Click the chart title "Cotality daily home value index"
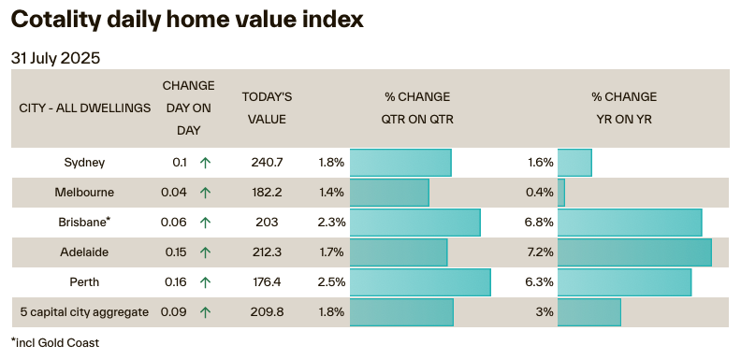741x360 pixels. coord(187,20)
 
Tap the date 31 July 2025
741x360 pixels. coord(56,58)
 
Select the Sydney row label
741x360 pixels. coord(84,163)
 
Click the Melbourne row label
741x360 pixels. coord(84,193)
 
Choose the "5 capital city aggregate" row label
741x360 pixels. coord(84,311)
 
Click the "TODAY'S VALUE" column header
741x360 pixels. coord(267,108)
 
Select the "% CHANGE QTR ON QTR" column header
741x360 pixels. coord(416,108)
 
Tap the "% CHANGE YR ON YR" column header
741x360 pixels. coord(624,108)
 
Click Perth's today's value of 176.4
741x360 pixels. coord(267,281)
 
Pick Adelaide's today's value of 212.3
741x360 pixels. coord(267,252)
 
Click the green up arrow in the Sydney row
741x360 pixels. coord(205,163)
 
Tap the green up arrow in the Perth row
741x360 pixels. coord(205,281)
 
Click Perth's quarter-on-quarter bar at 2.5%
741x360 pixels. coord(420,282)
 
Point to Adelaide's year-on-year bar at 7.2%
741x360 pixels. coord(634,252)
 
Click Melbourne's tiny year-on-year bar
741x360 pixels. coord(561,193)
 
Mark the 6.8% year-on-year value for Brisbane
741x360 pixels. coord(540,223)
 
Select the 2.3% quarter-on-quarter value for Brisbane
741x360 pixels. coord(331,223)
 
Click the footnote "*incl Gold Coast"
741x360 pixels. coord(55,343)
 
